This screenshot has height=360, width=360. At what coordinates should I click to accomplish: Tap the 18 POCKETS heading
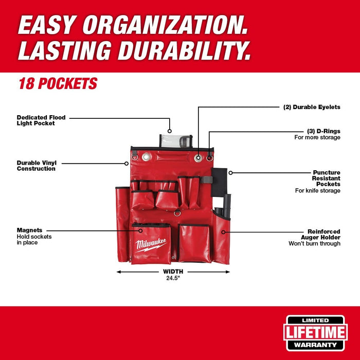(58, 83)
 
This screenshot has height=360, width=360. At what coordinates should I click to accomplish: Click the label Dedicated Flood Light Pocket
(41, 120)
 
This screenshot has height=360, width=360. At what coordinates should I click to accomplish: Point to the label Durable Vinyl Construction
(36, 165)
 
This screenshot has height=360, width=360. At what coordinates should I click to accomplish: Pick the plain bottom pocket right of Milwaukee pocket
(194, 243)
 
